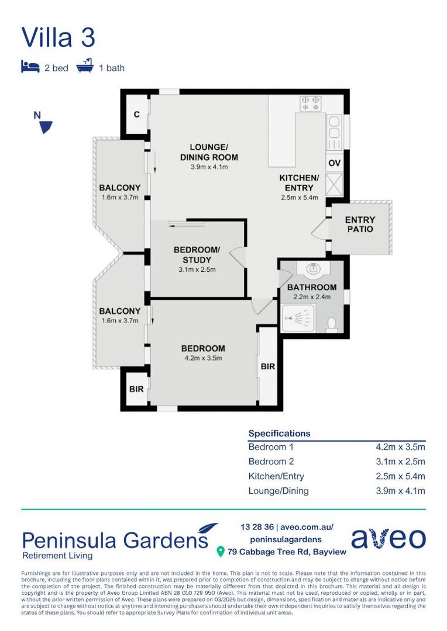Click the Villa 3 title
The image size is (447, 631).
58,37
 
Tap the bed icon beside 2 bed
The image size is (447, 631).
30,67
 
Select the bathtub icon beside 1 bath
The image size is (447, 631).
85,66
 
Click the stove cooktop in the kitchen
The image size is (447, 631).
310,104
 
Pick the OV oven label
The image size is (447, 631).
334,163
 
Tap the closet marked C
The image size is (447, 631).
136,115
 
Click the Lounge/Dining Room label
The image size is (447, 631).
209,152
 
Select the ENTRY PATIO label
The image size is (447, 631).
360,224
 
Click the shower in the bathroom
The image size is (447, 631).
298,319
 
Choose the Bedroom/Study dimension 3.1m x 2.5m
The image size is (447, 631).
197,270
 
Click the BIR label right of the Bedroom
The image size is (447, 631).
268,366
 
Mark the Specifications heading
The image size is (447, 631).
279,434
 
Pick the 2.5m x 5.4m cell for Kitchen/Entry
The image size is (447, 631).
400,476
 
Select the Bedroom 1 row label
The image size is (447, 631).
271,447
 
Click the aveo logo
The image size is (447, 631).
388,538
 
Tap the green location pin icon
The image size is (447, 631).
221,552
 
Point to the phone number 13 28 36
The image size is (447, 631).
256,526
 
